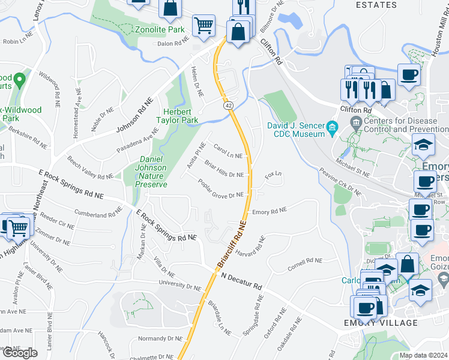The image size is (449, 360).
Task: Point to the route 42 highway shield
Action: pos(229,105)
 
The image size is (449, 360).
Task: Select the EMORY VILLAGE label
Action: pos(381,323)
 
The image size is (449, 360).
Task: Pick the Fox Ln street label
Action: pos(273,175)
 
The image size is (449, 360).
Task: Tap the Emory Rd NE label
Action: pos(270,211)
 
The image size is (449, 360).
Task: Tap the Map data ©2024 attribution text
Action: pos(423,355)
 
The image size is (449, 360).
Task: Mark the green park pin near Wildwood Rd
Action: pos(19,79)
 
